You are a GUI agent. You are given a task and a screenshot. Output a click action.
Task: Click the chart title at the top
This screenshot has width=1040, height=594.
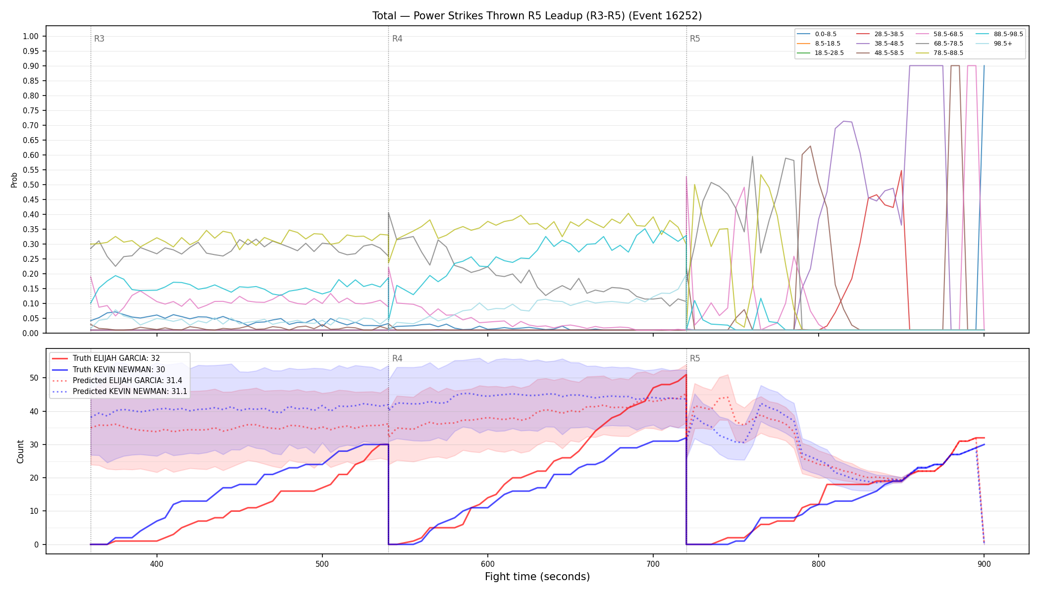pos(537,16)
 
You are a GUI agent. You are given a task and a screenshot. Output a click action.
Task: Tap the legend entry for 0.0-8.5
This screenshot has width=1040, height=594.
pos(817,34)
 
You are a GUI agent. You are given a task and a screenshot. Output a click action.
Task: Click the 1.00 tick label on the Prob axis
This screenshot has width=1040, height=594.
pos(31,36)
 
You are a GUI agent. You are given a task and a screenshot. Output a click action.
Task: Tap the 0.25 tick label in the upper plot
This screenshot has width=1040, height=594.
pos(31,259)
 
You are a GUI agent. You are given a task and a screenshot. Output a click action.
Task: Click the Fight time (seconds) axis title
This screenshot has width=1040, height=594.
pos(537,577)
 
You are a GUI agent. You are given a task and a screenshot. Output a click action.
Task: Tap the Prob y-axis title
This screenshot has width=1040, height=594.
pos(14,180)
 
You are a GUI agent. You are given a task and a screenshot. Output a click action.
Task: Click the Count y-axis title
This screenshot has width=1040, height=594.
pos(20,451)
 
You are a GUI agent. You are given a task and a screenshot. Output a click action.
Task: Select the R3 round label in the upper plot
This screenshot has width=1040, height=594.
pos(99,39)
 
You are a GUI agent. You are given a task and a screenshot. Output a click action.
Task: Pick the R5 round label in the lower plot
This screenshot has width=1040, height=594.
pos(695,358)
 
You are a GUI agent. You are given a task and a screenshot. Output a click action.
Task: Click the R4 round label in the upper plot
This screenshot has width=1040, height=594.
pos(397,39)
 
